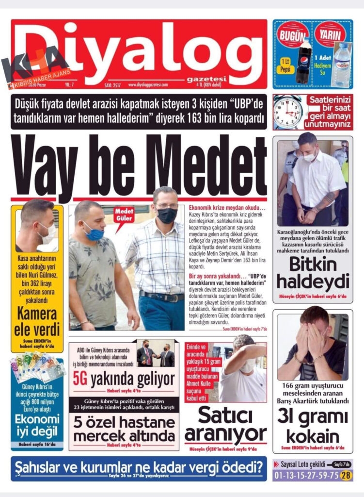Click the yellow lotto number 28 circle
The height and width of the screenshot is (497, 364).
pyautogui.click(x=346, y=476)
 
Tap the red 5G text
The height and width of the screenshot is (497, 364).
pyautogui.click(x=80, y=378)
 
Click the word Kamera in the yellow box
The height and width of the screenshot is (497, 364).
pyautogui.click(x=37, y=315)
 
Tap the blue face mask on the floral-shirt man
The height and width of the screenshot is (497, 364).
pyautogui.click(x=95, y=234)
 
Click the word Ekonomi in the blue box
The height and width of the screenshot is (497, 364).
pyautogui.click(x=37, y=418)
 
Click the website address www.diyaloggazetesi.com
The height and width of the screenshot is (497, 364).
pyautogui.click(x=148, y=84)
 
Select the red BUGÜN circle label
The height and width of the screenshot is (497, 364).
pyautogui.click(x=293, y=35)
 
